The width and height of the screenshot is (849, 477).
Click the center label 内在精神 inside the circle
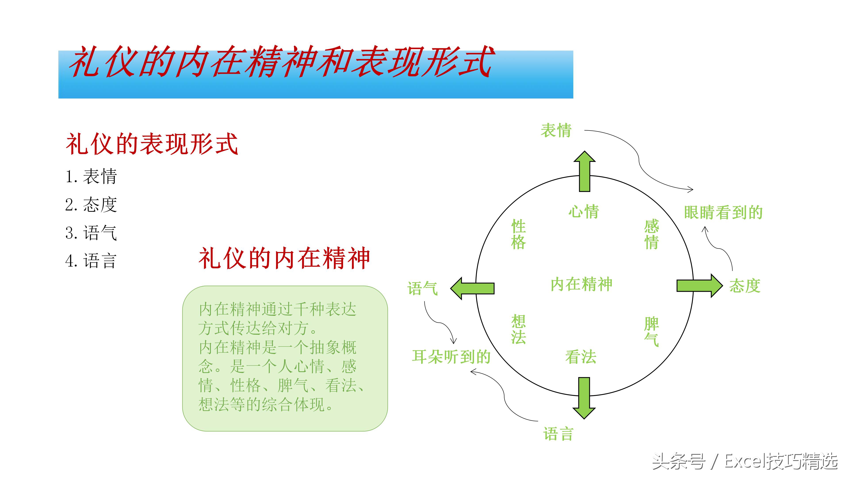pos(581,284)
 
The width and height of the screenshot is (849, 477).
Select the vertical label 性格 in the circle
pos(518,234)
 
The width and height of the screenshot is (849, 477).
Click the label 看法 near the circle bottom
pos(581,357)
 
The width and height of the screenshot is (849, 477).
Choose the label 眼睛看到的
pos(723,212)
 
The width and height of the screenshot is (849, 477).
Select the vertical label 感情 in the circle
pos(651,234)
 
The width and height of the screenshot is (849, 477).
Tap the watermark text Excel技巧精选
pos(781,461)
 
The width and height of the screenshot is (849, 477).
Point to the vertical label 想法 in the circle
pos(518,329)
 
